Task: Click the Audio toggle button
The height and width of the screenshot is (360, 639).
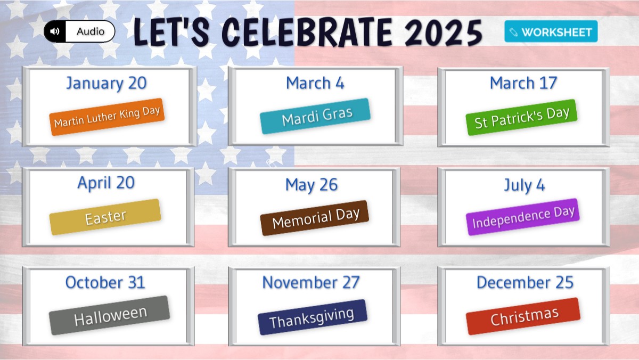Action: pos(79,31)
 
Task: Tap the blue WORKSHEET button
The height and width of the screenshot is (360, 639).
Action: pos(551,31)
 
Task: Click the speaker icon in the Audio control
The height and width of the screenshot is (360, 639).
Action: pos(54,31)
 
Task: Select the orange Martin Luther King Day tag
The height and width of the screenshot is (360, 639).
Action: pos(107,117)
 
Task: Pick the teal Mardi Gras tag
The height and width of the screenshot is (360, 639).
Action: pos(315,116)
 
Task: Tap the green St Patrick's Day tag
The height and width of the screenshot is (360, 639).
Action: pos(521,118)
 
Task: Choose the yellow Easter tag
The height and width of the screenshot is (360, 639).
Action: pos(105,217)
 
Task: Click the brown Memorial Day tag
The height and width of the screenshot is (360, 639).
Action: pos(315,218)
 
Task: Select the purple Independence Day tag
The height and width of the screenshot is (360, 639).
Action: pos(523,217)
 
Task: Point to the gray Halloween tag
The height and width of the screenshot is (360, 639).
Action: pos(110,315)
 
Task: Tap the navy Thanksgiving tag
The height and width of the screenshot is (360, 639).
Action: pos(313,317)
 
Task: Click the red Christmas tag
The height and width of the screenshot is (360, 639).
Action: pos(523,316)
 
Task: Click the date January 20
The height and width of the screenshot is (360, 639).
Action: pos(106,84)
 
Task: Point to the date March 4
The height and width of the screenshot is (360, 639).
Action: pos(315,83)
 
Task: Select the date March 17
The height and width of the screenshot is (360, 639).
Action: pos(523,83)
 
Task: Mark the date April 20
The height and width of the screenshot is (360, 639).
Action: pos(106,183)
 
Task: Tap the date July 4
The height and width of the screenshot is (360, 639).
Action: pos(525,185)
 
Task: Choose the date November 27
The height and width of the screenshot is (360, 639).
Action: pos(311,282)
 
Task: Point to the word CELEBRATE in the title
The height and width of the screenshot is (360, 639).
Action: pos(307,31)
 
